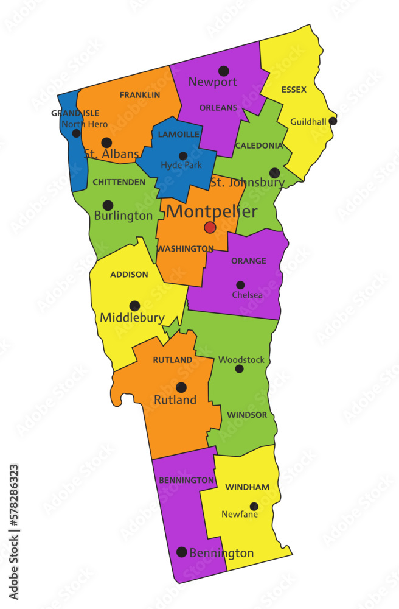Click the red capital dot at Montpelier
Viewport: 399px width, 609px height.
pyautogui.click(x=210, y=228)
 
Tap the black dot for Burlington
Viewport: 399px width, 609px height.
pyautogui.click(x=108, y=205)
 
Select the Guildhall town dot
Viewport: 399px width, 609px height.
pyautogui.click(x=333, y=121)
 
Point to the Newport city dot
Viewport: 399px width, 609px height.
pyautogui.click(x=224, y=71)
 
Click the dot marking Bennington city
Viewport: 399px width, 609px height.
pyautogui.click(x=181, y=552)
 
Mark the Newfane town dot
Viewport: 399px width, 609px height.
pyautogui.click(x=254, y=506)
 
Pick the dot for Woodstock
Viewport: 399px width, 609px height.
pyautogui.click(x=239, y=368)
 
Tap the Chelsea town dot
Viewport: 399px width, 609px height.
pyautogui.click(x=240, y=284)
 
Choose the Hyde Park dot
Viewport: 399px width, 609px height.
pyautogui.click(x=182, y=156)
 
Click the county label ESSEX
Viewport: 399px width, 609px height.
pyautogui.click(x=294, y=90)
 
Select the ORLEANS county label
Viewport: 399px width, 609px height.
pyautogui.click(x=218, y=108)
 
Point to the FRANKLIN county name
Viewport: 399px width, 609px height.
pyautogui.click(x=140, y=95)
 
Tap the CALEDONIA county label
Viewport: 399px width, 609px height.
pyautogui.click(x=258, y=146)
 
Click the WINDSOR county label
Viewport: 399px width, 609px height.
pyautogui.click(x=247, y=415)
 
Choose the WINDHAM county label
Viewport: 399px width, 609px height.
pyautogui.click(x=248, y=487)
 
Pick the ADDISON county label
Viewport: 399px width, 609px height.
pyautogui.click(x=129, y=275)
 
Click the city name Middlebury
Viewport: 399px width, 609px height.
pyautogui.click(x=132, y=317)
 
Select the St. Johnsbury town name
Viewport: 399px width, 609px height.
pyautogui.click(x=247, y=183)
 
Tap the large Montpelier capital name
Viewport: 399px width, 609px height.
pyautogui.click(x=212, y=212)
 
